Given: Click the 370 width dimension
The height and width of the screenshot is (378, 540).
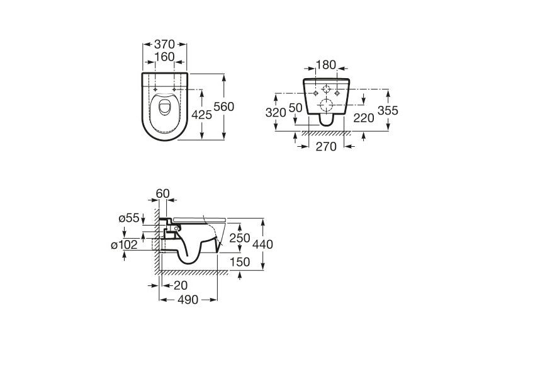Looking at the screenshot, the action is point(165,44).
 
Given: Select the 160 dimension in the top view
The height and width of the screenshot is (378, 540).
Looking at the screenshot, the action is point(165,57).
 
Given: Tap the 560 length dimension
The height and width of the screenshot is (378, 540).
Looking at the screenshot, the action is point(224,107).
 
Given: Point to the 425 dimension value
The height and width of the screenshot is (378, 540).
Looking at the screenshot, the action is point(202,115).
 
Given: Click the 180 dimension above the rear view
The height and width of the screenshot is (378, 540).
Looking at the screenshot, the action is point(326,64).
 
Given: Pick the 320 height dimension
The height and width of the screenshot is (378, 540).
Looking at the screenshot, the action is point(276,113).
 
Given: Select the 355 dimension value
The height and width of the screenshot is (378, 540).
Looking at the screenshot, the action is point(388,110).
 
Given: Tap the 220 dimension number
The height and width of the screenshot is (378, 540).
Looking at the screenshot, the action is point(364,118).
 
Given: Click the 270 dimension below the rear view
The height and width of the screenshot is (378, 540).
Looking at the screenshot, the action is point(326,147).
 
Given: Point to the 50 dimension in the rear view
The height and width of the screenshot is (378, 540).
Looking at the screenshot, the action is point(295,108).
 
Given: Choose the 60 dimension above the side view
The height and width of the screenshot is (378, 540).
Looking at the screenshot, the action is point(162,193).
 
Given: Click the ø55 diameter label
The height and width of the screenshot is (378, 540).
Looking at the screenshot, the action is point(129,218).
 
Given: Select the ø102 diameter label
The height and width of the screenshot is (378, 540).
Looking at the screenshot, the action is point(124,245).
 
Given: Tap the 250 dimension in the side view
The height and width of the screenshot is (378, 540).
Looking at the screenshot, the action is point(240,238).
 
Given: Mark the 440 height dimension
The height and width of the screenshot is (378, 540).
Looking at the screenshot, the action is point(263,244).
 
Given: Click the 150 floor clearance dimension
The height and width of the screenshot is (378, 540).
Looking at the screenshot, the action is point(240,262).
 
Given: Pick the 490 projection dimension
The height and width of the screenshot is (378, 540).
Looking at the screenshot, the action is point(188,300).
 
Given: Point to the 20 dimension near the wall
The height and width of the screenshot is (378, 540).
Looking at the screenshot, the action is point(181,285).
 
